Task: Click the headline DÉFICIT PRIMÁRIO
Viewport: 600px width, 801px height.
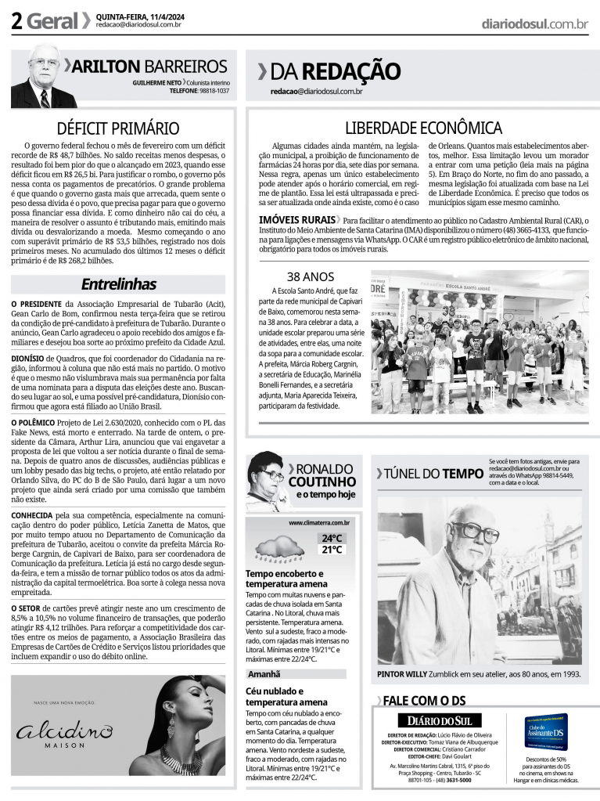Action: click(x=118, y=128)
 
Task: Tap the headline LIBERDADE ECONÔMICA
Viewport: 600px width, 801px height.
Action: click(x=423, y=128)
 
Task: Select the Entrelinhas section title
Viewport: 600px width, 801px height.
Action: click(x=119, y=284)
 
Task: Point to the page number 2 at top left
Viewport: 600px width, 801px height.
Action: click(x=16, y=21)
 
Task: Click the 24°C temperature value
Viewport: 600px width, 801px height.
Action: click(x=331, y=538)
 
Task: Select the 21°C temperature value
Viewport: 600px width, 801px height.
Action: click(x=331, y=550)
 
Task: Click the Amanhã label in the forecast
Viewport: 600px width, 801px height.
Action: click(x=264, y=673)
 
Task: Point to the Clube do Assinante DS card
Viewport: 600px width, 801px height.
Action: click(x=546, y=732)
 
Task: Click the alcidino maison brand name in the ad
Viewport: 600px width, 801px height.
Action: click(x=65, y=734)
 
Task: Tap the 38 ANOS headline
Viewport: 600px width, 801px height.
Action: click(x=311, y=276)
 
